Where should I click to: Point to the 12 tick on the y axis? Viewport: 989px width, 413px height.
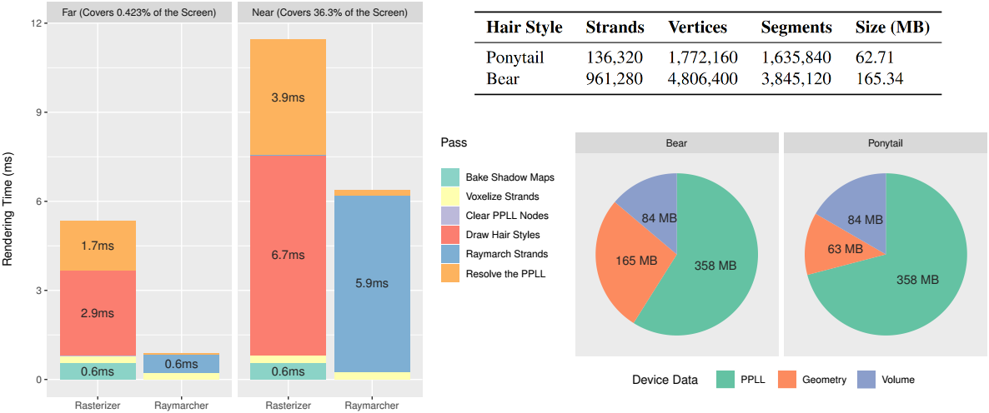[x=36, y=23]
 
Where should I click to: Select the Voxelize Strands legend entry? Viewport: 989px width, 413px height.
[x=502, y=197]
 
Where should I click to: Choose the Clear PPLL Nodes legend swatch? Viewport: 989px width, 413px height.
[x=450, y=216]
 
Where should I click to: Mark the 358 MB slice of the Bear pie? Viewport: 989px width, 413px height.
[x=715, y=266]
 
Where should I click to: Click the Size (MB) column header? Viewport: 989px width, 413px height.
[x=891, y=27]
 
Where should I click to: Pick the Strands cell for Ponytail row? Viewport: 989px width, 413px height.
[x=615, y=59]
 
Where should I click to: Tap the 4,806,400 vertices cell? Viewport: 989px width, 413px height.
[x=703, y=79]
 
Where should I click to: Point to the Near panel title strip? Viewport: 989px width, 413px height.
[x=331, y=12]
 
